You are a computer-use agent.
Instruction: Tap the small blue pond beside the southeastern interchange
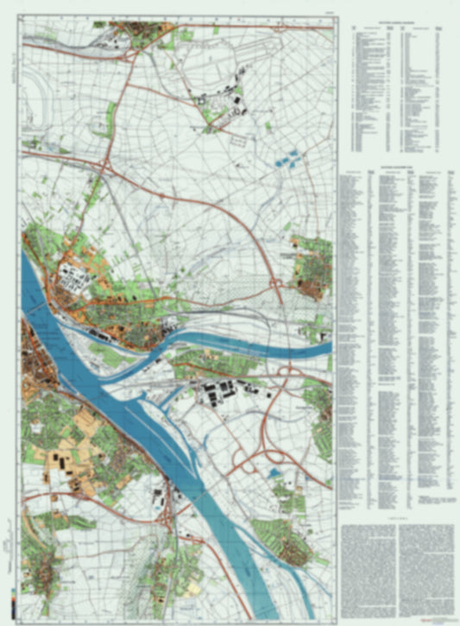[x=274, y=472]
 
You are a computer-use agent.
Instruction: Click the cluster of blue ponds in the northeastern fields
[x=287, y=158]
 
